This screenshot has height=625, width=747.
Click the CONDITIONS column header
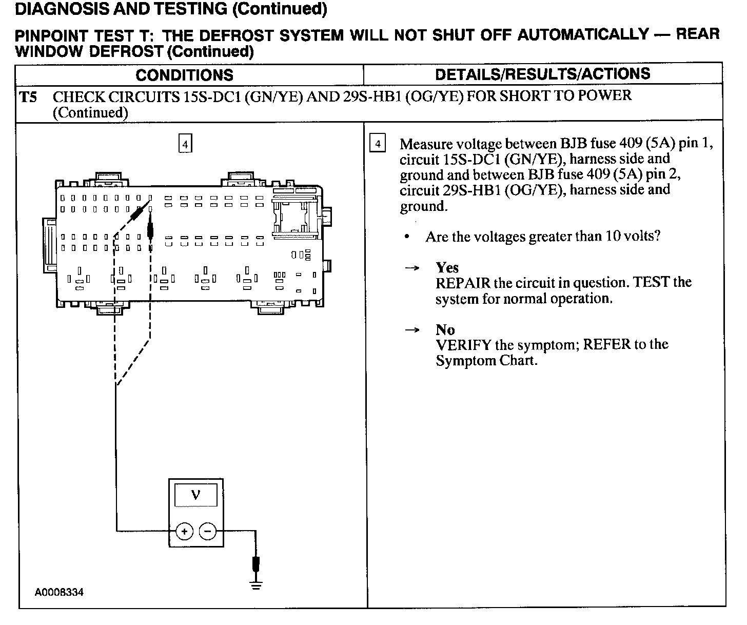coord(184,75)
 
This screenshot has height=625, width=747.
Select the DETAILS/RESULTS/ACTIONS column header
coord(542,74)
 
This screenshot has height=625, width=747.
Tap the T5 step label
coord(28,97)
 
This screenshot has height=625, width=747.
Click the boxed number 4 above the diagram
coord(185,143)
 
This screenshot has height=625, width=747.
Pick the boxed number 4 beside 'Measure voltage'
coord(378,144)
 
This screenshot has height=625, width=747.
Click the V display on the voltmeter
coord(196,495)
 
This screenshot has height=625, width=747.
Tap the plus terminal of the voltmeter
coord(184,531)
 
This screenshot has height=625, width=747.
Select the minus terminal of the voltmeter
coord(207,531)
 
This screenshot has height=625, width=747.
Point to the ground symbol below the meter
coord(256,584)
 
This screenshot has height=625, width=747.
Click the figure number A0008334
coord(59,593)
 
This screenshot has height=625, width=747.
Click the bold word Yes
coord(447,267)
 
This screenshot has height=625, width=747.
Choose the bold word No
coord(445,329)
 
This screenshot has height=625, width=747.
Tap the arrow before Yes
coord(412,268)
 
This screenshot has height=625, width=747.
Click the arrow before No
coord(412,330)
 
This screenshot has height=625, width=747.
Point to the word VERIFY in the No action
coord(463,345)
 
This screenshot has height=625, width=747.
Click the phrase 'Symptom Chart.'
coord(486,361)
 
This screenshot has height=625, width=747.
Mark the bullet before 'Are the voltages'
coord(407,237)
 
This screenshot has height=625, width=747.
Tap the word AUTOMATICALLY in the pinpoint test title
coord(583,35)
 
